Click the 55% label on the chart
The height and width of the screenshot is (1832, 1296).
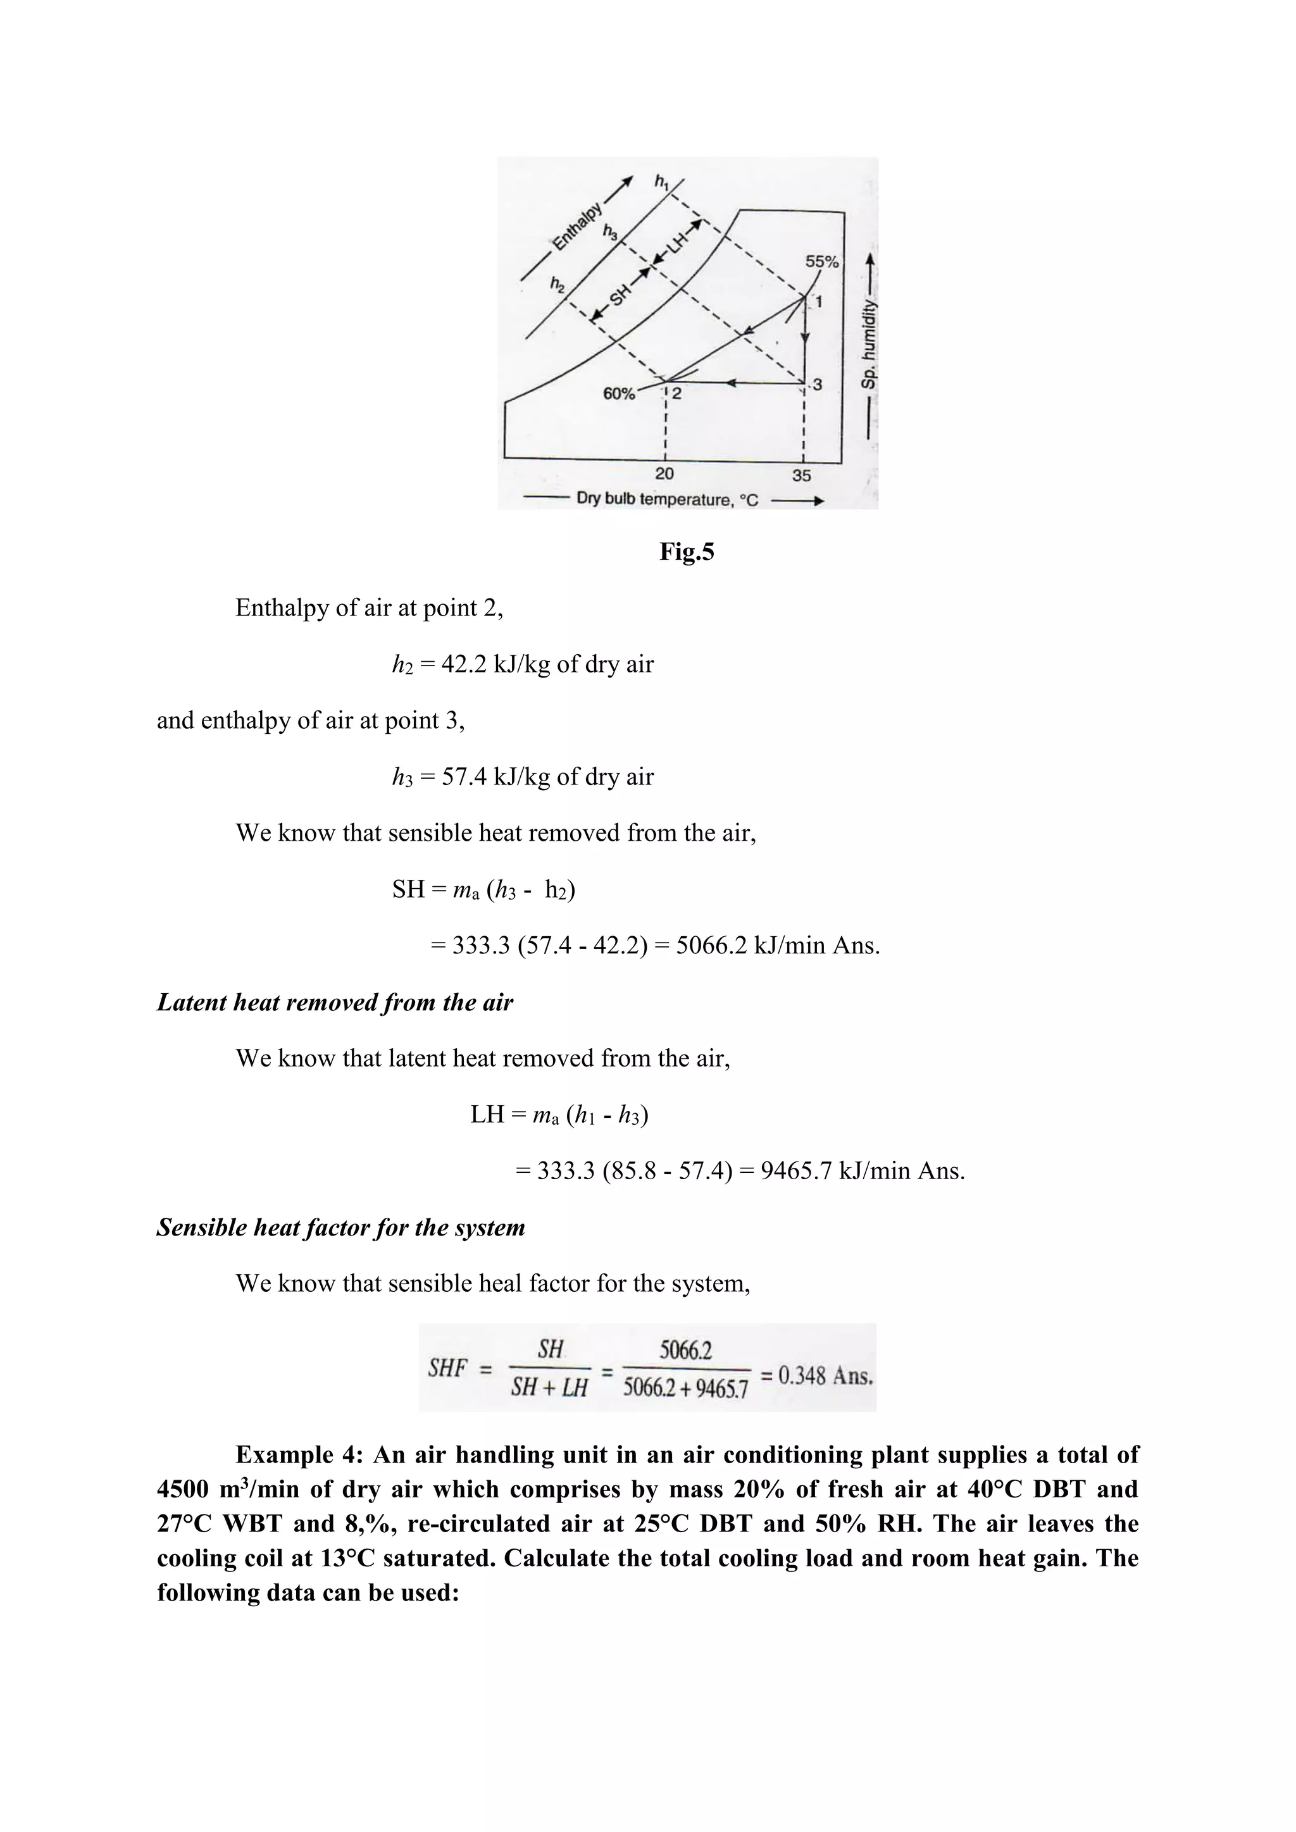point(821,262)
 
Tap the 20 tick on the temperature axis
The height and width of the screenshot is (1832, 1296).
point(664,473)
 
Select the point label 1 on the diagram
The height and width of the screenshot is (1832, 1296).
point(818,302)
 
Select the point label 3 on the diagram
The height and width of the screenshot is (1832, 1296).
point(817,385)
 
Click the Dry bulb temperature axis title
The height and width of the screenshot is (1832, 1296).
point(667,500)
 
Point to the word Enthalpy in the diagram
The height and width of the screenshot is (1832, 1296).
point(576,226)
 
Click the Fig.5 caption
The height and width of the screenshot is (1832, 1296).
point(687,552)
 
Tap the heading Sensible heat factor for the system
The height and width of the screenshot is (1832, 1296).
point(340,1227)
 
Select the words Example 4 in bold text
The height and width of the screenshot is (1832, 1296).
point(299,1454)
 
